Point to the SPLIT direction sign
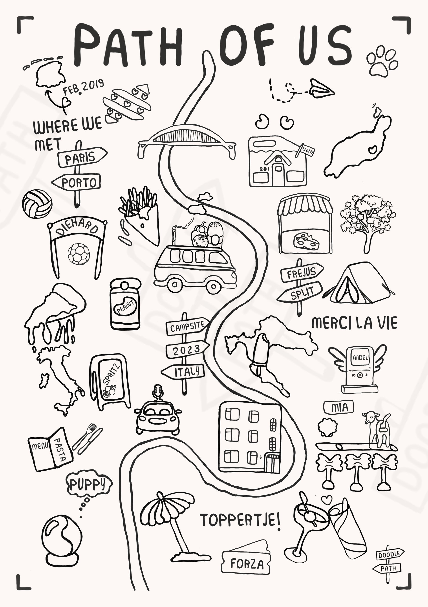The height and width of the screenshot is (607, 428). pyautogui.click(x=300, y=292)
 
